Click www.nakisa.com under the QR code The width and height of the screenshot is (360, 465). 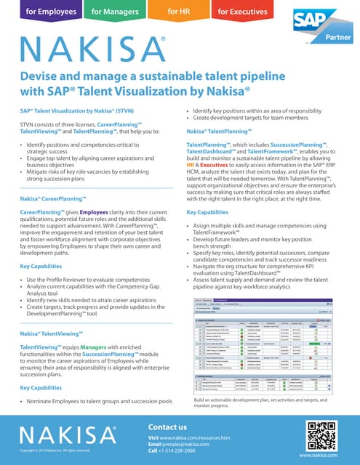323,456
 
